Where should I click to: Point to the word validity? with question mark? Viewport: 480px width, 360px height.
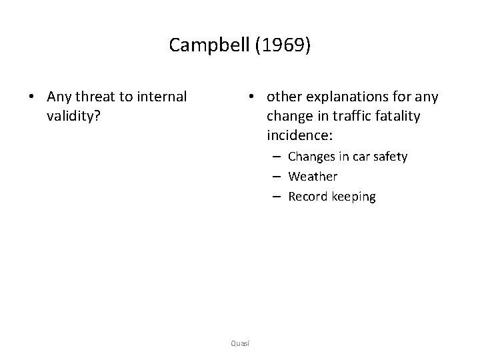click(73, 116)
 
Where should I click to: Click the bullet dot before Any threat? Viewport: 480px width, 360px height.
click(32, 97)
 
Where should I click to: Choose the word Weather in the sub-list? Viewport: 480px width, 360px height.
click(313, 177)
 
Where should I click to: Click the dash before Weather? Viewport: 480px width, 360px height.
click(275, 177)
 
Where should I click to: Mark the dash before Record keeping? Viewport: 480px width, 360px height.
click(275, 197)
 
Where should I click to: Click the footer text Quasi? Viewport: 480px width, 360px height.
click(239, 343)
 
